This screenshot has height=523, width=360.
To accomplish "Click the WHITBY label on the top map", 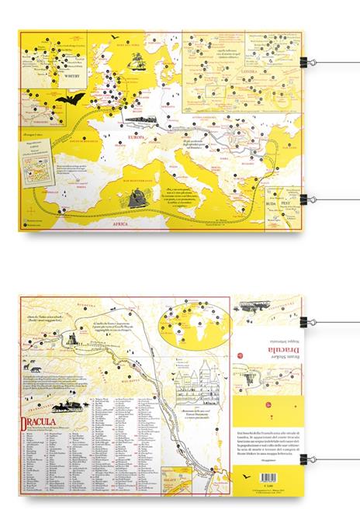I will tap(72, 78).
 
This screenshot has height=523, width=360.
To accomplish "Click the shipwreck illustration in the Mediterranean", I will tap(139, 196).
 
